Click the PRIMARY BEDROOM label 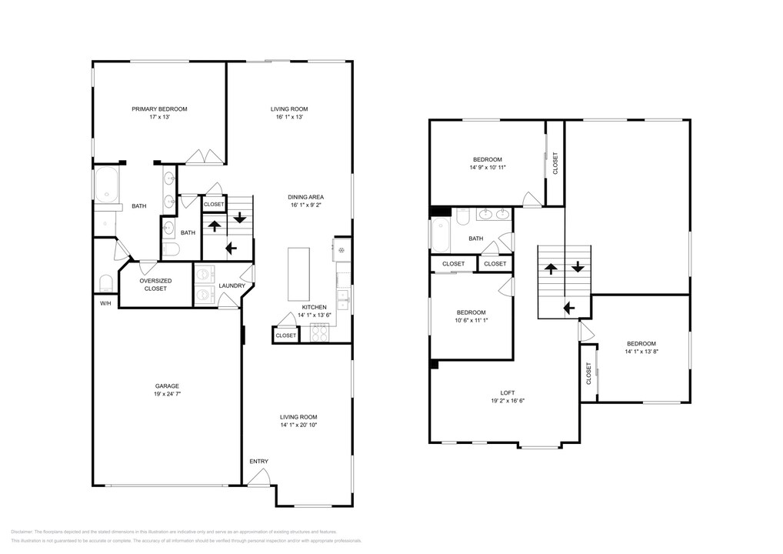(159, 109)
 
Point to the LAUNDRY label (232, 286)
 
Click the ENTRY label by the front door (258, 462)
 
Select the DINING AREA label (306, 197)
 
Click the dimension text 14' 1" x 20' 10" (298, 425)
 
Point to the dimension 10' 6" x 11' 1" (471, 321)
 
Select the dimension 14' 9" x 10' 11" (488, 167)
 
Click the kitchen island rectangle (298, 274)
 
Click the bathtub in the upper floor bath (441, 235)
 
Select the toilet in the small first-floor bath (171, 249)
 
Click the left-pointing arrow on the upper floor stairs (568, 308)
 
